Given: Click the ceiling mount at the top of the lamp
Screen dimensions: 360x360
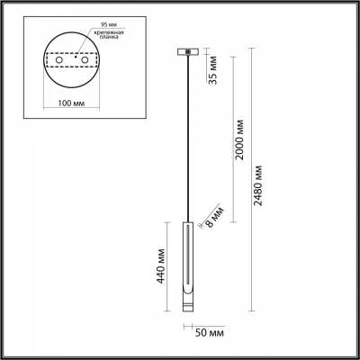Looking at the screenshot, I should click(188, 51).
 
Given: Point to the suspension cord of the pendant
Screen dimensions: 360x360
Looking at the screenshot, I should click(188, 135).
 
